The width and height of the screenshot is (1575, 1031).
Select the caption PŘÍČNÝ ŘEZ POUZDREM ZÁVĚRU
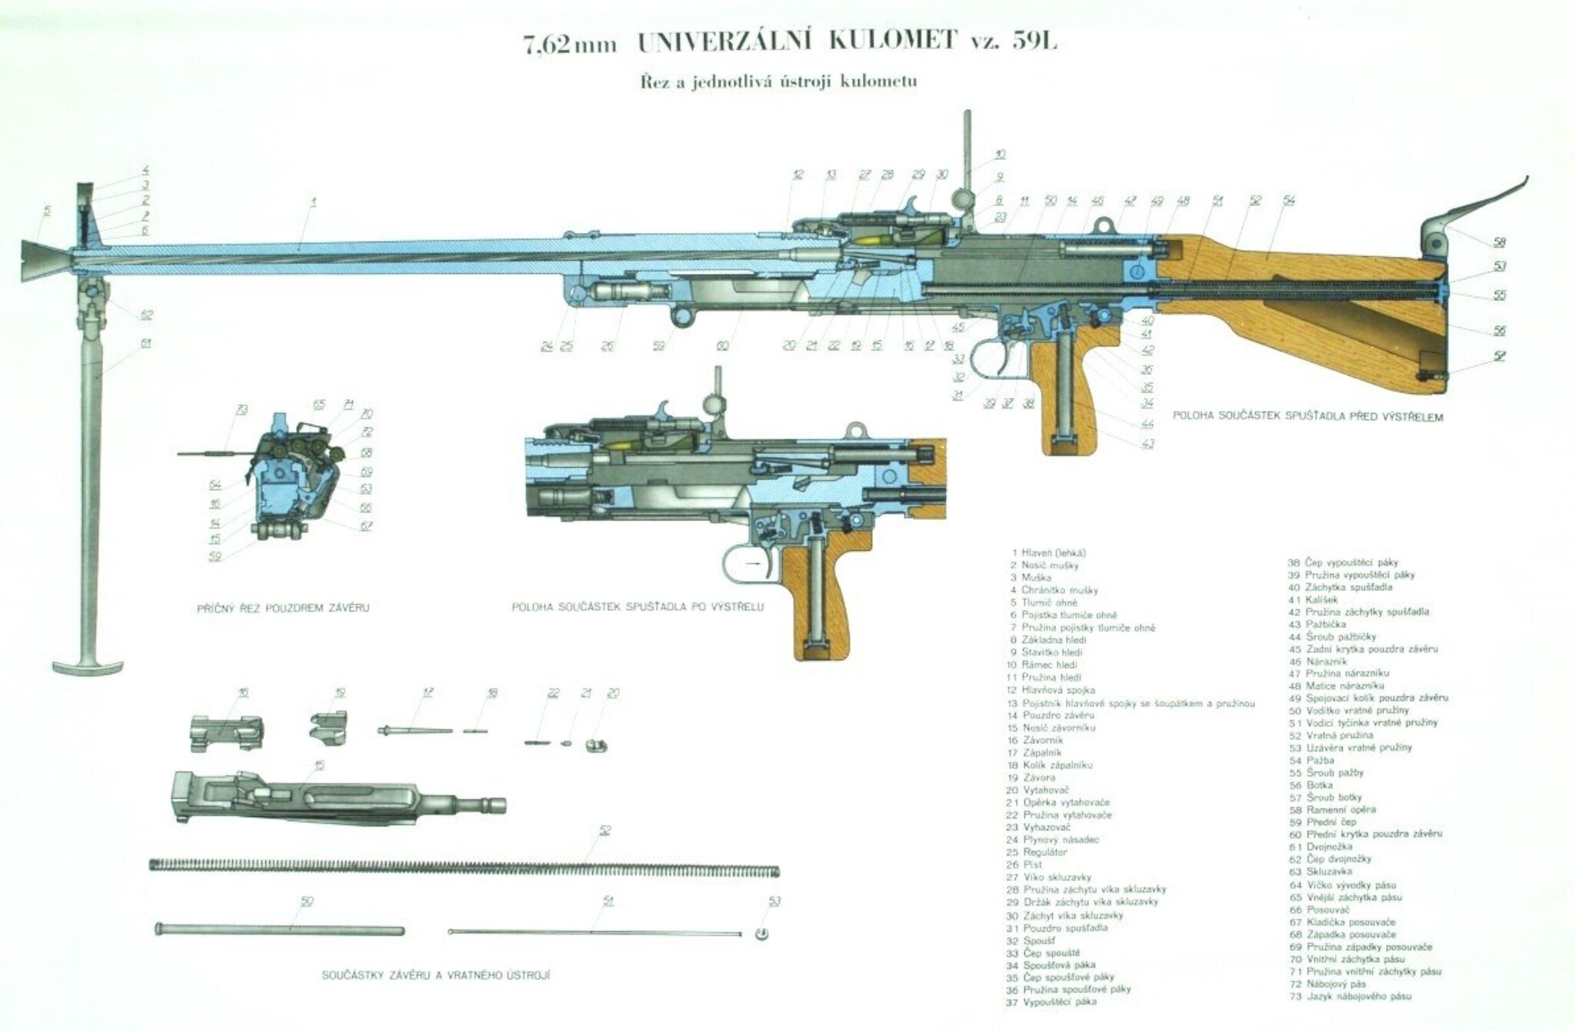pyautogui.click(x=284, y=608)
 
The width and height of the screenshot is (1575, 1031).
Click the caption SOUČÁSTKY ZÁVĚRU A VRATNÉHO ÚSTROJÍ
pyautogui.click(x=436, y=976)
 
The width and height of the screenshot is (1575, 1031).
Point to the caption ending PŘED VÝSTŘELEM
pyautogui.click(x=1307, y=417)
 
